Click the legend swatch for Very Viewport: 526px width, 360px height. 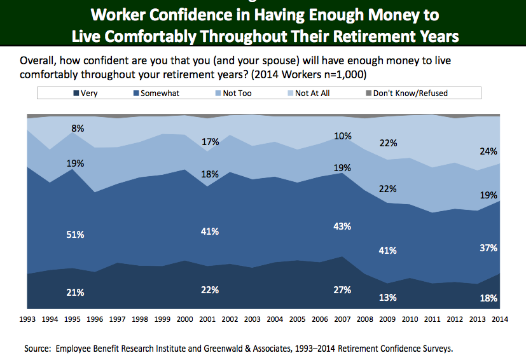pos(77,93)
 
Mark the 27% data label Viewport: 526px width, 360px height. pos(342,290)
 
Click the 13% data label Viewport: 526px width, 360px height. pos(388,297)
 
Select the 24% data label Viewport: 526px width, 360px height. pos(488,151)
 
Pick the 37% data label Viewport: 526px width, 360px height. pos(488,247)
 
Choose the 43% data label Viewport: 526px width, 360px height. pos(342,226)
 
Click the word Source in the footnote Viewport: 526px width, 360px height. pos(37,349)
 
